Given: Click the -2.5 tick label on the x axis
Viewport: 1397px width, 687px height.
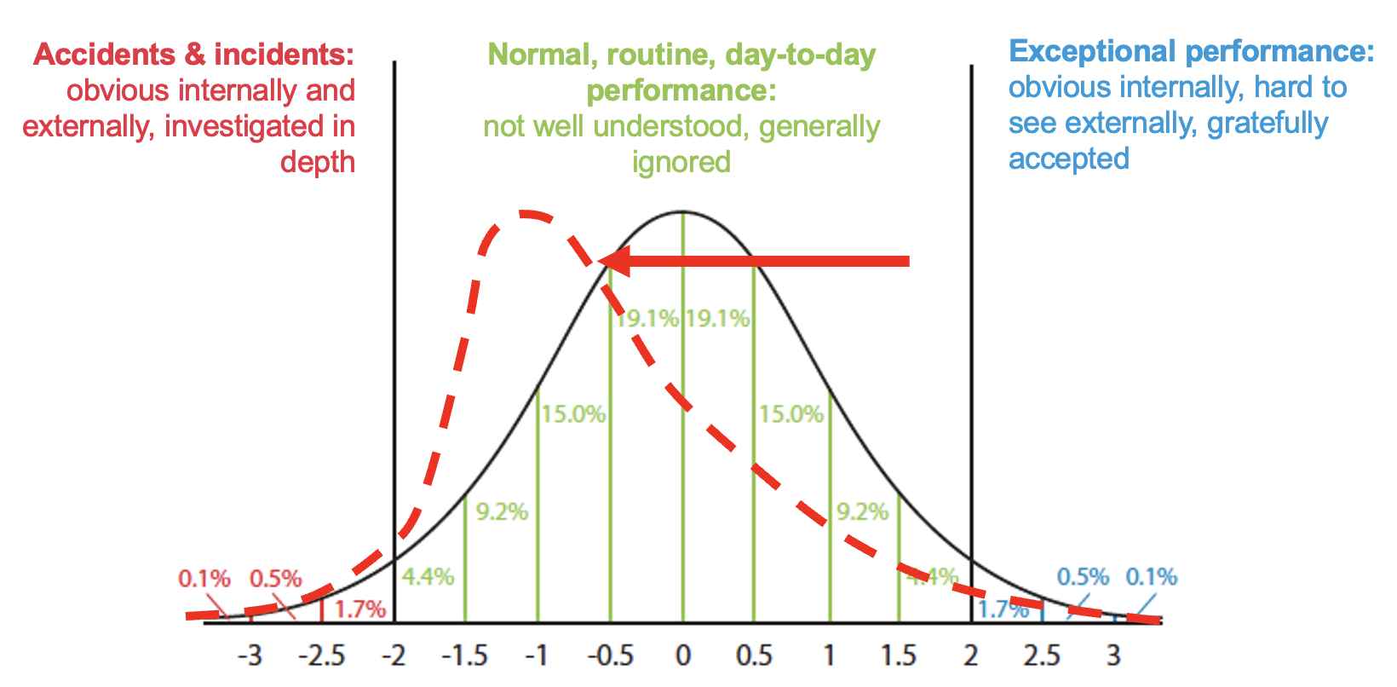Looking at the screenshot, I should coord(321,656).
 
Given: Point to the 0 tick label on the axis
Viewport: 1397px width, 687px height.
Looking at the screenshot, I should coord(682,656).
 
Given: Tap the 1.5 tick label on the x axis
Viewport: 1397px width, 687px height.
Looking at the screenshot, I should coord(898,656).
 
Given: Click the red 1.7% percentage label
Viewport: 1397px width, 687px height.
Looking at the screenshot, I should coord(359,609).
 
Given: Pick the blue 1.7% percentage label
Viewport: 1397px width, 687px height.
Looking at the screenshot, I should coord(1003,609).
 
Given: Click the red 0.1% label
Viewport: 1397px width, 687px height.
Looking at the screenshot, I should coord(204,579).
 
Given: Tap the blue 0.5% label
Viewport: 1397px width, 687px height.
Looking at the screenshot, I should coord(1083,577).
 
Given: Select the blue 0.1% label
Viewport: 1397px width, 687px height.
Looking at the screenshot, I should coord(1152,577).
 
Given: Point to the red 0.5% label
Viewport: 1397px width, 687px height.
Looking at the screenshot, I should coord(275,579).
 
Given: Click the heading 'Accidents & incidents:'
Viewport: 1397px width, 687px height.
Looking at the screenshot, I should coord(193,55).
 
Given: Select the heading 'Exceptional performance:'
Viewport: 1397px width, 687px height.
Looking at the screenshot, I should coord(1191,51).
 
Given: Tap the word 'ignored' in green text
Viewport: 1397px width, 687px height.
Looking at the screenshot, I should coord(681,161).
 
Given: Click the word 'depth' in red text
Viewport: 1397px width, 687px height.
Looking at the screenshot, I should coord(318,162).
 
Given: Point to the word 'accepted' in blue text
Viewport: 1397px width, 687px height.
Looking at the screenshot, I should coord(1069,159).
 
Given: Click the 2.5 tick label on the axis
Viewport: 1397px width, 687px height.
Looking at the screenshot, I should coord(1042,656).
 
